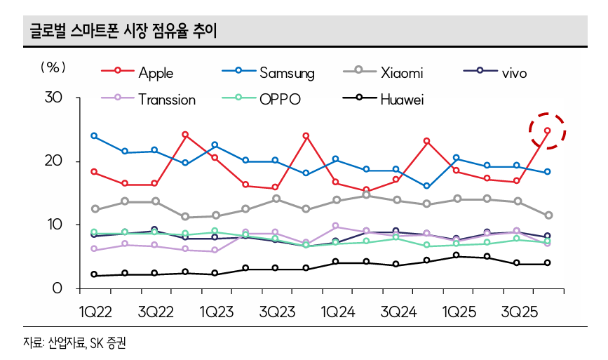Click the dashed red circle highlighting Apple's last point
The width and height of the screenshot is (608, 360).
(547, 131)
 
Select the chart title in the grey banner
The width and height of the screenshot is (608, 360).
(123, 30)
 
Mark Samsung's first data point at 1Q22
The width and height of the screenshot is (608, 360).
(94, 136)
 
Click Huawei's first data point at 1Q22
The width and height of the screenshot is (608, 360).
(94, 275)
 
